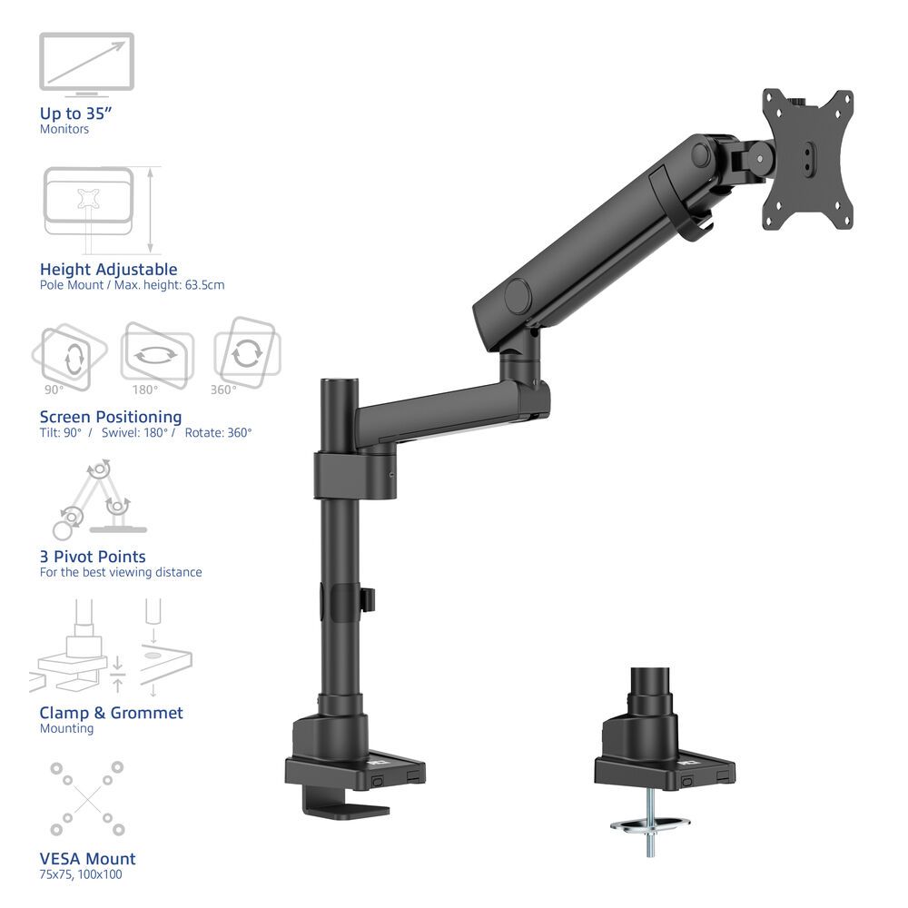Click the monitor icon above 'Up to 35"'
(x=86, y=63)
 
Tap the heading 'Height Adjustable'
(x=108, y=269)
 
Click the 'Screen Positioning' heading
(x=111, y=417)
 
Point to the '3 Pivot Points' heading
(x=93, y=557)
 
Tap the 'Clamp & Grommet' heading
(x=111, y=713)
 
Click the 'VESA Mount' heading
(x=87, y=858)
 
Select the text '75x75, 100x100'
(x=81, y=874)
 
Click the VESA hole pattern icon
(x=87, y=798)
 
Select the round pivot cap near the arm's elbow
(x=518, y=296)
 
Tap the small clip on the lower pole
(x=369, y=598)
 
